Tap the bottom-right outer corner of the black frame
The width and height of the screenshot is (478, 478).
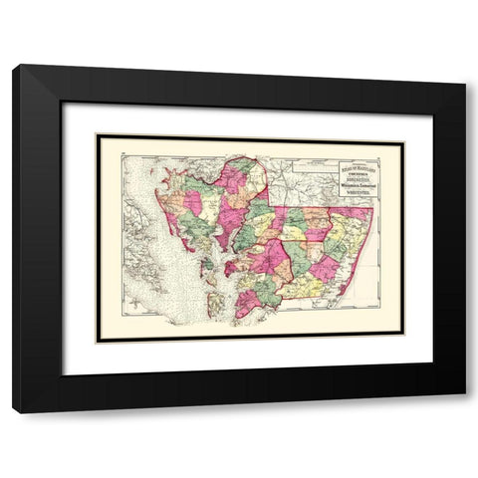tap(465, 411)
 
